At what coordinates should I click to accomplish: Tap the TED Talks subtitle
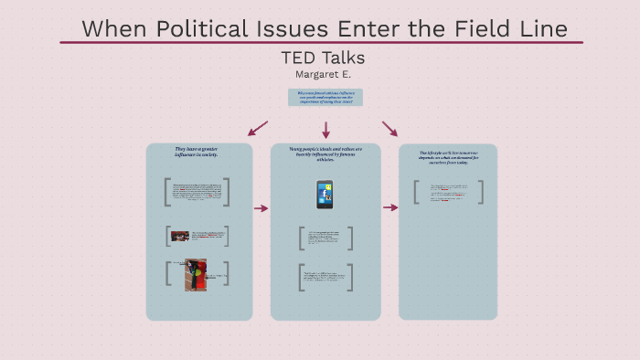tap(323, 58)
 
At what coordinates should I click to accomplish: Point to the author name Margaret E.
tap(323, 74)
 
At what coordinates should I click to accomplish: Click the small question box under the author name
tap(325, 98)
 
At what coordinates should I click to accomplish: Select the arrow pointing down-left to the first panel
tap(258, 128)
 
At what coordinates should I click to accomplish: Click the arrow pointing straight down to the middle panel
tap(325, 130)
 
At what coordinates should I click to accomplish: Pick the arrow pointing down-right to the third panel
tap(390, 128)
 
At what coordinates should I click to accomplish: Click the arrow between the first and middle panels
tap(261, 208)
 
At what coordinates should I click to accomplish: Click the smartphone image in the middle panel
tap(325, 194)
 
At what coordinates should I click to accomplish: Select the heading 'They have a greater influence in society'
tap(197, 152)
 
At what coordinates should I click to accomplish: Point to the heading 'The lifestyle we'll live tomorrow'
tap(448, 156)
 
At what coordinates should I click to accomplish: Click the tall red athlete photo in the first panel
tap(196, 275)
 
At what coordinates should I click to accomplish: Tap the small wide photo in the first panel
tap(180, 237)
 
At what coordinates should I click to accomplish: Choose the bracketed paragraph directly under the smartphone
tap(325, 238)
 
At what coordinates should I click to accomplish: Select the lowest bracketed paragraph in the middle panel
tap(325, 277)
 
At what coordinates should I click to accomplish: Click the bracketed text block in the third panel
tap(448, 192)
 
